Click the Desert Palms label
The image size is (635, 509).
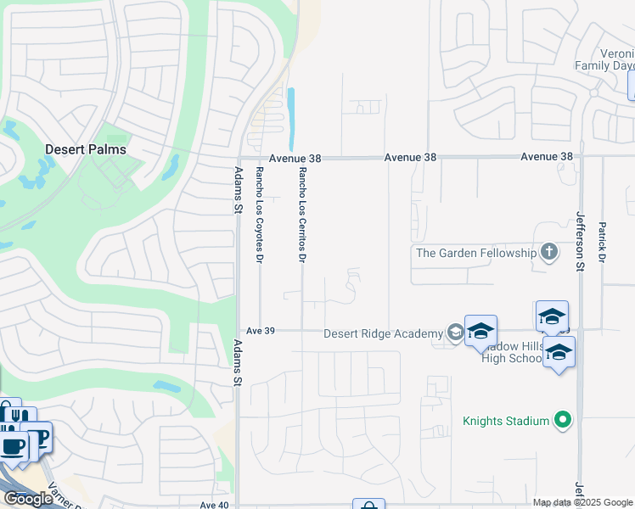click(x=85, y=149)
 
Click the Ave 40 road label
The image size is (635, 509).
click(x=215, y=505)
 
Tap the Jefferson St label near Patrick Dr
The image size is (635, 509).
click(x=582, y=242)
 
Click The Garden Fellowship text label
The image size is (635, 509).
click(x=475, y=253)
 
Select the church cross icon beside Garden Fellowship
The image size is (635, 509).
click(x=549, y=252)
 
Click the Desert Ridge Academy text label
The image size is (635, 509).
click(x=383, y=333)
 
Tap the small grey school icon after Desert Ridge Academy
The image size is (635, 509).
click(x=456, y=333)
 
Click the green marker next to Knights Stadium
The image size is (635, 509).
click(x=560, y=419)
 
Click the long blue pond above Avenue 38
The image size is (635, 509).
click(x=292, y=119)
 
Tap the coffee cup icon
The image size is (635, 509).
click(x=13, y=445)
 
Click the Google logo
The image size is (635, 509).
click(x=28, y=499)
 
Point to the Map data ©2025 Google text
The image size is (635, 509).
click(x=582, y=502)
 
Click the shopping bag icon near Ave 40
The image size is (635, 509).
click(x=368, y=506)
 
